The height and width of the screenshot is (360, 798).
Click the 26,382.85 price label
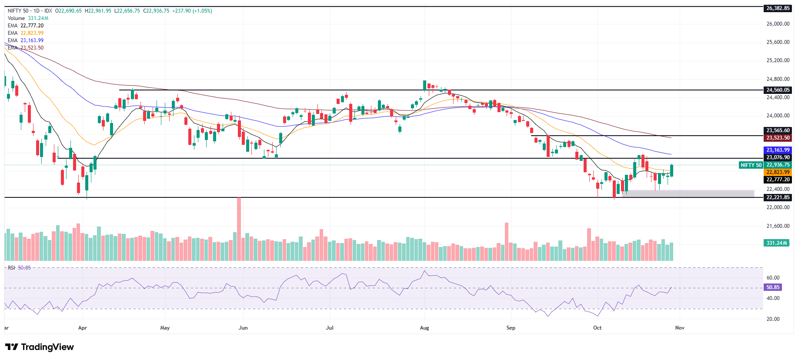coord(778,8)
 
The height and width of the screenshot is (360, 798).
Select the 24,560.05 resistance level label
coord(778,90)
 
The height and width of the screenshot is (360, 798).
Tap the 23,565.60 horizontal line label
coord(778,130)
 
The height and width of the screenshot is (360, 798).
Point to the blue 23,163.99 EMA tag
coord(778,150)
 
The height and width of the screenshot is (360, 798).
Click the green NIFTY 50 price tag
coord(751,165)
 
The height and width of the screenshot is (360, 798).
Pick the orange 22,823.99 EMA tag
coord(778,172)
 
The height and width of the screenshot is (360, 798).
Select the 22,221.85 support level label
coord(778,197)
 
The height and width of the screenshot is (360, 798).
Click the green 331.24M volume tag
coord(777,243)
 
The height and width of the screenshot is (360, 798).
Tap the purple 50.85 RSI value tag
coord(773,287)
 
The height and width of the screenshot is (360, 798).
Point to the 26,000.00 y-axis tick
coord(778,24)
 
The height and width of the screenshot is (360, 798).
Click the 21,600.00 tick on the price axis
coord(778,226)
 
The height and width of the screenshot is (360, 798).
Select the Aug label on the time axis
coord(424,328)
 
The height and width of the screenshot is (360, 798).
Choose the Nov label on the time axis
coord(680,328)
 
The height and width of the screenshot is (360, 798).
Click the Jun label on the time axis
coord(243,328)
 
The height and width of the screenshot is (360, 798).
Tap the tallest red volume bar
coord(239,229)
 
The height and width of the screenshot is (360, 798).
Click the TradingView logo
coord(40,347)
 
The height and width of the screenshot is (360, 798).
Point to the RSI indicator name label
coord(11,268)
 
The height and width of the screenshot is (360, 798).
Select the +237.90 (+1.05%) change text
coord(192,11)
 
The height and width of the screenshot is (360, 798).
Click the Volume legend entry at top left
coord(16,18)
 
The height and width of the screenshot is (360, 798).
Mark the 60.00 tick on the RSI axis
coord(773,278)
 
